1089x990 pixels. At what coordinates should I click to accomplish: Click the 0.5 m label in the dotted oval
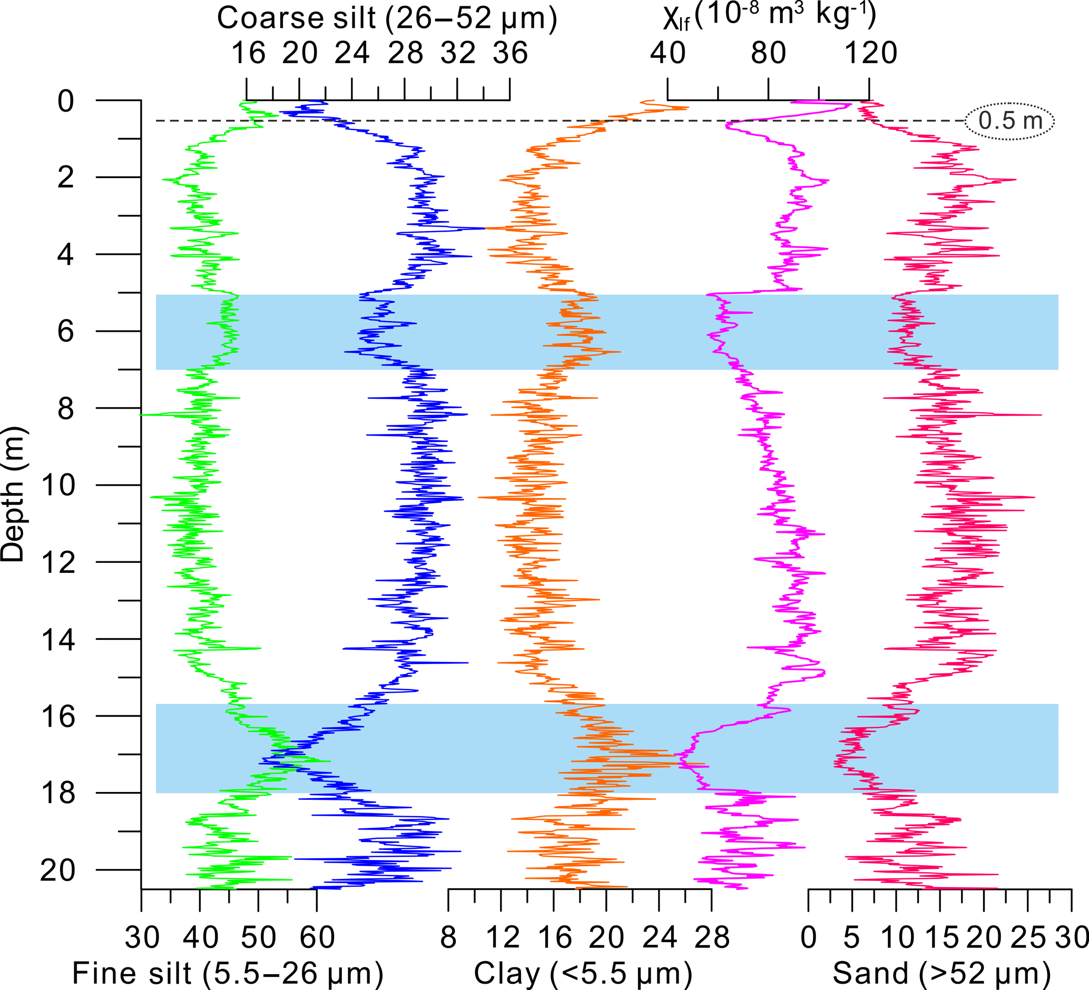1010,121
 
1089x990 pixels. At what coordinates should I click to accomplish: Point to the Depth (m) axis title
14,494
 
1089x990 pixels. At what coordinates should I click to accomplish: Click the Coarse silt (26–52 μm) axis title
387,18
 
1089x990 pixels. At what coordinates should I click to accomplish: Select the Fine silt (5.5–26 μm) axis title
228,973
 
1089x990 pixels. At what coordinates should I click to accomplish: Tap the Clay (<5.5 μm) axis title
583,973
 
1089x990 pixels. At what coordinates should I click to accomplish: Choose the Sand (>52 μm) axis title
941,973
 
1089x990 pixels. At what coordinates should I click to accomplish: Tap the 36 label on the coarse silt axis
510,53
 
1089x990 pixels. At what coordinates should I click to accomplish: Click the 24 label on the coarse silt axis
351,53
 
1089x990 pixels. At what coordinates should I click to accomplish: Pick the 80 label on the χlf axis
768,53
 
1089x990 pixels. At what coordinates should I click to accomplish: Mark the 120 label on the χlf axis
870,53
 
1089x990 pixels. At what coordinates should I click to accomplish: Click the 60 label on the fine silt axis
317,938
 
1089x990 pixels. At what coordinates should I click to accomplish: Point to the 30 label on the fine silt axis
142,938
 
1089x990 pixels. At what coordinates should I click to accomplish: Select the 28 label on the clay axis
712,938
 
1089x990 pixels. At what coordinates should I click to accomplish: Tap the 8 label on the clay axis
448,938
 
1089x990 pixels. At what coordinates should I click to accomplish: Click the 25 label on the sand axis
1027,938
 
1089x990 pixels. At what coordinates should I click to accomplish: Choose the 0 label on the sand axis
808,938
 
